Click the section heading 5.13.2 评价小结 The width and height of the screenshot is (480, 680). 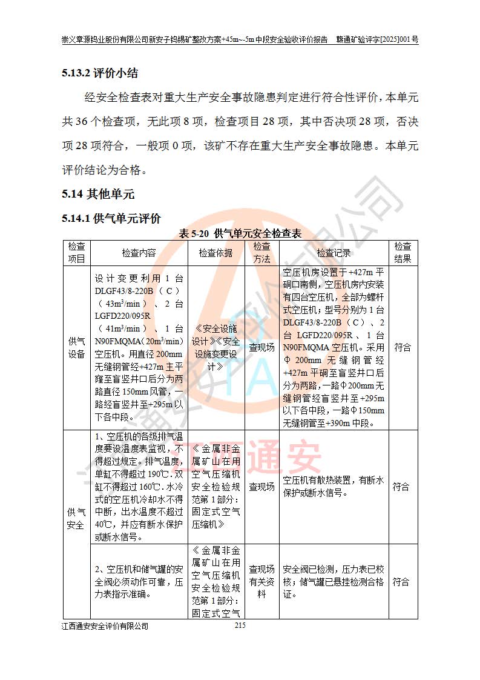pos(100,74)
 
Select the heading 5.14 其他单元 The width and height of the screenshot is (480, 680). pos(97,195)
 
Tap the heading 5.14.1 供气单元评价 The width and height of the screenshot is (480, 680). pos(111,218)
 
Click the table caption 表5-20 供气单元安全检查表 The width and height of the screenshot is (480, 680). pos(240,233)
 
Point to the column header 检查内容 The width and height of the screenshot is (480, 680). pos(139,253)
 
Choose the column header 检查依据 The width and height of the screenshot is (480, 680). pos(215,253)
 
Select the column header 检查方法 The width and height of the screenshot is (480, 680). pos(261,253)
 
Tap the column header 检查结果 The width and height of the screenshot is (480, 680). pos(403,253)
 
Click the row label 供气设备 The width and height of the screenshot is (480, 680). pos(76,348)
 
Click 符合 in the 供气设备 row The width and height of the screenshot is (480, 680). pos(403,348)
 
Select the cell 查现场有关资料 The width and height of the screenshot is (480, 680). pos(261,582)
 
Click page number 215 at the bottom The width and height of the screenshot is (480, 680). pos(240,625)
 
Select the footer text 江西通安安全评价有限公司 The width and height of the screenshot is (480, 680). pos(105,626)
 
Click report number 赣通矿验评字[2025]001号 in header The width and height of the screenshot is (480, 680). pos(378,39)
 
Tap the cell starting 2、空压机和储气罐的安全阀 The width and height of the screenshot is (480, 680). pos(139,582)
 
